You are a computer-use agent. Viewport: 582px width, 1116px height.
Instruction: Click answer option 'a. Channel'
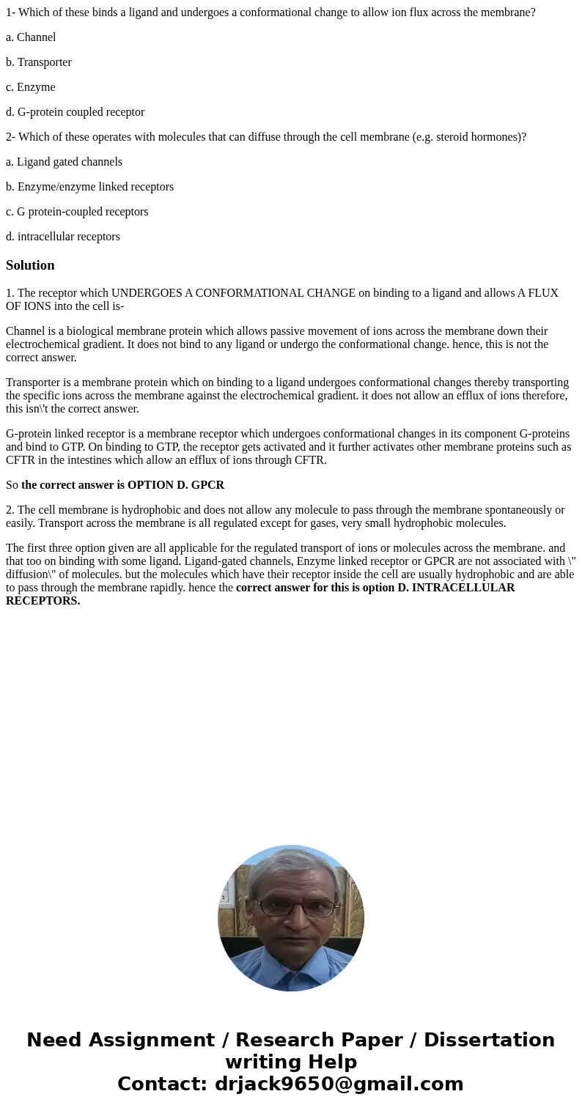coord(31,37)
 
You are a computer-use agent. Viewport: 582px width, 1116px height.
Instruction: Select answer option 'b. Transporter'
coord(39,62)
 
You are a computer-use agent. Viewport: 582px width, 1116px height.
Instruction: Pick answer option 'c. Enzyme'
coord(31,87)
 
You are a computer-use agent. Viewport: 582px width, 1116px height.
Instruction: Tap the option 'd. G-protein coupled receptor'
coord(75,112)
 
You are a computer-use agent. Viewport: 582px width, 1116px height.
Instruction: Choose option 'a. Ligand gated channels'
coord(64,162)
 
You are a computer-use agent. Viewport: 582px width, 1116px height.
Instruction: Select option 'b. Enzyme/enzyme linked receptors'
coord(89,187)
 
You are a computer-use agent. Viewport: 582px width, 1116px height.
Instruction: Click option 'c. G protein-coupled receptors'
coord(77,212)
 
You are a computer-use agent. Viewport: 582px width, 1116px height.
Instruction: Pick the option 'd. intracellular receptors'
coord(63,237)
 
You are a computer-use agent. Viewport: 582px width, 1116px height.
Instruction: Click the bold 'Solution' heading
coord(30,265)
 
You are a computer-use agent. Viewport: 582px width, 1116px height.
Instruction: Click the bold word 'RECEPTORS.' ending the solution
coord(43,601)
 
